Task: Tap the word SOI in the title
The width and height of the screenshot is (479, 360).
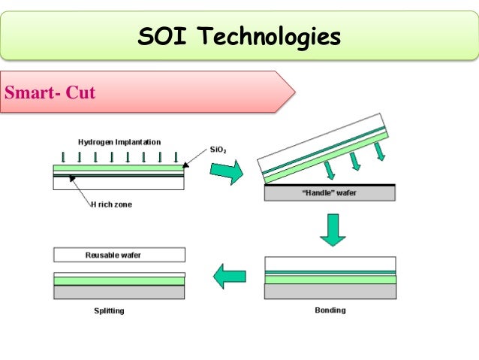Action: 156,35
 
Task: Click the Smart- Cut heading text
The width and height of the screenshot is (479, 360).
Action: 50,93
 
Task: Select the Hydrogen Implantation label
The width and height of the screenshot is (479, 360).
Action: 119,142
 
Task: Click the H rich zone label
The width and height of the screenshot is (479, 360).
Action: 110,203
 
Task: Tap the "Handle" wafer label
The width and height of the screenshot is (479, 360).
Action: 330,193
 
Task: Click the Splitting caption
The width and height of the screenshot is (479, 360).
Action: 109,310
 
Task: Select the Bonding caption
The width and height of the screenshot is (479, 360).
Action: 330,310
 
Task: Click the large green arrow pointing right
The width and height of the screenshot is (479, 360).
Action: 226,172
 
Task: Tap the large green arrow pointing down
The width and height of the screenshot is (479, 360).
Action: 332,229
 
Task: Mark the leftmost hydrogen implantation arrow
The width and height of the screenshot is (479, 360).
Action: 64,157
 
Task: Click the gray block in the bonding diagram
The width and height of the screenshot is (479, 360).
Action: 330,292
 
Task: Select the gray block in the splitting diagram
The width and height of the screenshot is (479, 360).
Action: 119,292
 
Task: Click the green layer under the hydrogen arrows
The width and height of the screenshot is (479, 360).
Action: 119,168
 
